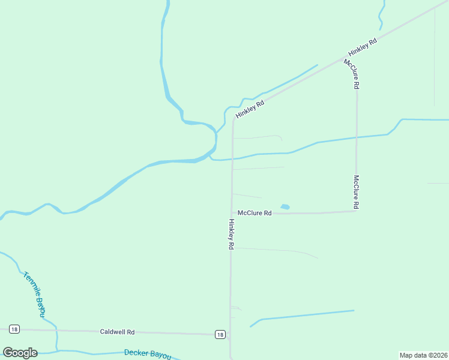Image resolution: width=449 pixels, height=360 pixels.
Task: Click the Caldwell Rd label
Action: click(117, 331)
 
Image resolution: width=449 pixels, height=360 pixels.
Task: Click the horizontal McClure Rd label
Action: click(255, 213)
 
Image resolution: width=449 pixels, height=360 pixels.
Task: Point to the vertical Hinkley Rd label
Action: click(231, 234)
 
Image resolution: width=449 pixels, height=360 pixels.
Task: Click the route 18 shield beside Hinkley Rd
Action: click(220, 334)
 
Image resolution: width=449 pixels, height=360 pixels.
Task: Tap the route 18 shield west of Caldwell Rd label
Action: click(14, 329)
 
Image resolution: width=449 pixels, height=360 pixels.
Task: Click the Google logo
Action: click(20, 353)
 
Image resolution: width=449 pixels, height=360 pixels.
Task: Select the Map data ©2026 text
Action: click(423, 355)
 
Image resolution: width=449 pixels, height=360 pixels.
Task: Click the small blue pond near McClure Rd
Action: click(285, 207)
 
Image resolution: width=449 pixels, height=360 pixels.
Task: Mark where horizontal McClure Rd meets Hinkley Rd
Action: click(232, 213)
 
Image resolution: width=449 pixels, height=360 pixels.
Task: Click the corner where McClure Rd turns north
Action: click(357, 211)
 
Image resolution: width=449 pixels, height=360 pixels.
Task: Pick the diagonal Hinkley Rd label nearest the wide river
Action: click(250, 109)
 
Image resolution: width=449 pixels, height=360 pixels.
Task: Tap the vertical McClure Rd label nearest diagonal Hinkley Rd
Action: click(351, 74)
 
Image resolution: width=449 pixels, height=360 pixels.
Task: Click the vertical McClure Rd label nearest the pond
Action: click(356, 192)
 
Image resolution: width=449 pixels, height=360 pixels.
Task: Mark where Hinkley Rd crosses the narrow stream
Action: click(232, 159)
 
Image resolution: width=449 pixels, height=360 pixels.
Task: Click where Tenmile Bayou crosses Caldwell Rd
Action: click(55, 330)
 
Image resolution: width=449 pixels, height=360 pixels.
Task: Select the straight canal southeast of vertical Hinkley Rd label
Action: click(306, 315)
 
